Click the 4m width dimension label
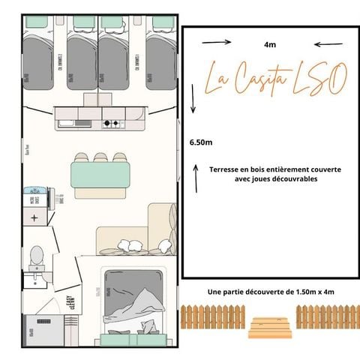point(269,43)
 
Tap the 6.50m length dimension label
point(202,141)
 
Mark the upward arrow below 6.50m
point(193,182)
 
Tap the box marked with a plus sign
point(34,217)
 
